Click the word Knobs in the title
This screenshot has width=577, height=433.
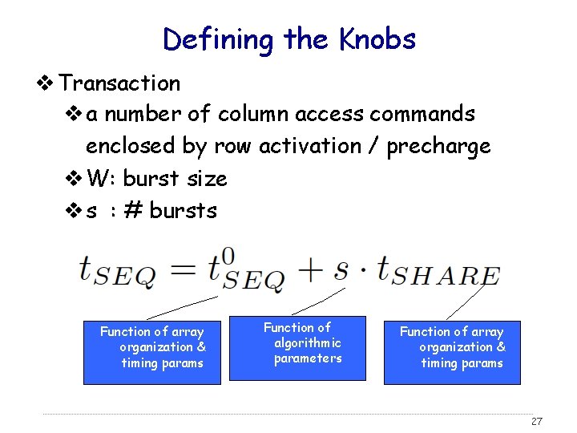tap(377, 38)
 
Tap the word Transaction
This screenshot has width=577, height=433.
tap(120, 83)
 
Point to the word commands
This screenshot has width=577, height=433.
tap(422, 114)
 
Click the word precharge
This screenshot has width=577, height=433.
tap(439, 147)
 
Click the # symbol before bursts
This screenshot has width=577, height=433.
tap(133, 210)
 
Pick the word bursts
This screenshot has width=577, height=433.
tap(183, 210)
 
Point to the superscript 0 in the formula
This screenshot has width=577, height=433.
tap(229, 255)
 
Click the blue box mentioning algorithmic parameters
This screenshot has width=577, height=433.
tap(297, 347)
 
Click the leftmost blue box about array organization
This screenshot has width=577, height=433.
tap(152, 352)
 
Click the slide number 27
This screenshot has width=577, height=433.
tap(537, 422)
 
